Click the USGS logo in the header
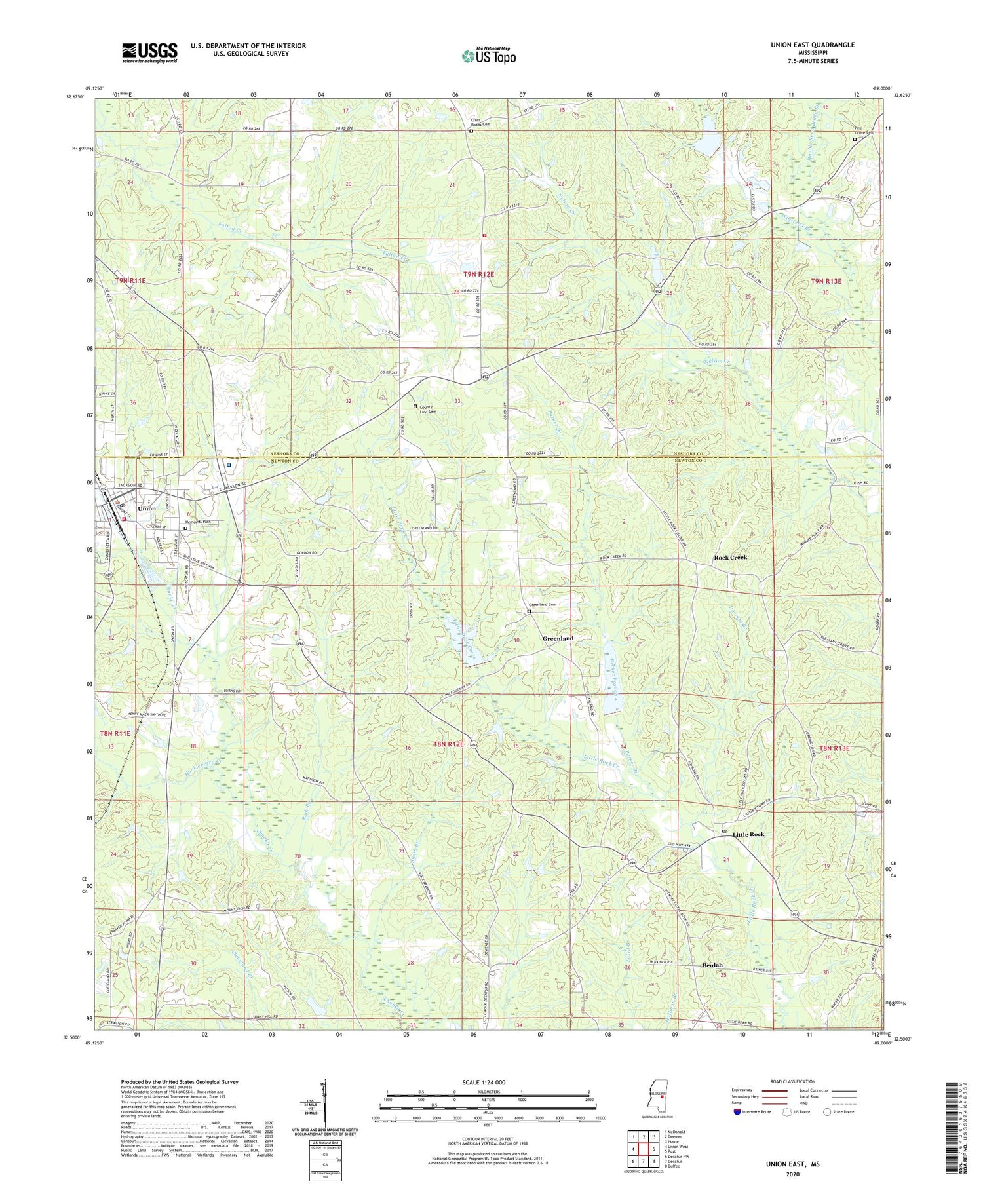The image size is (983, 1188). click(x=149, y=52)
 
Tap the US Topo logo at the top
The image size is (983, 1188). click(x=488, y=56)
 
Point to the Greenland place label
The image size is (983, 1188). click(x=558, y=638)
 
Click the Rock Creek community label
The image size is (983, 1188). click(x=730, y=557)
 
